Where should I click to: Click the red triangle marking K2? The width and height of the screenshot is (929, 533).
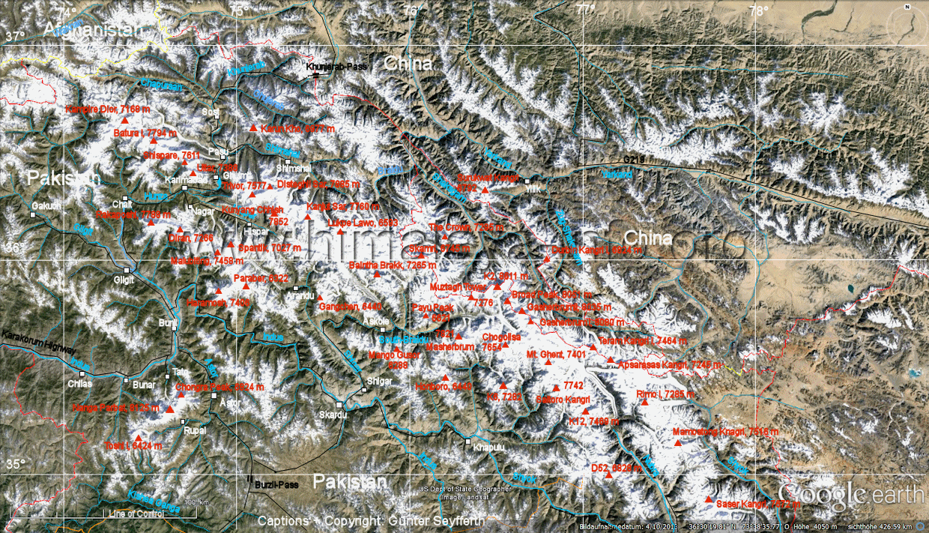pos(497,286)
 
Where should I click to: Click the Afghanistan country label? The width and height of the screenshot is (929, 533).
pos(92,29)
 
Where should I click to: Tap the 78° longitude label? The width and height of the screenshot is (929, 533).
pos(758,10)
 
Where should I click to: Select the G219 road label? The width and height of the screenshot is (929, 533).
pos(634,160)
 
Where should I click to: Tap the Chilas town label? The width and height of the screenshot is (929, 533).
pos(79,383)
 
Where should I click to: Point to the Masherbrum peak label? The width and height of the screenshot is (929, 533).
pos(450,348)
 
